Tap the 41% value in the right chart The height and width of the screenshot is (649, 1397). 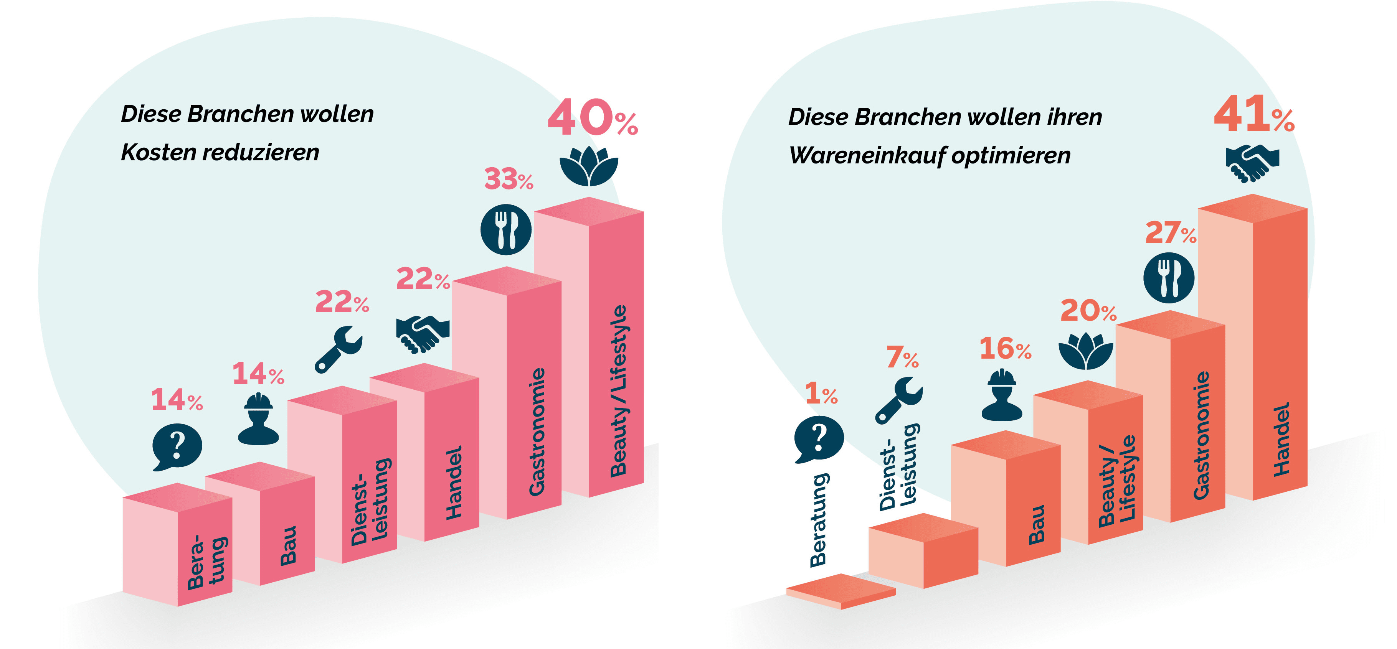(x=1253, y=115)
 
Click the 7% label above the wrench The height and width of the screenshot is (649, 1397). (x=902, y=358)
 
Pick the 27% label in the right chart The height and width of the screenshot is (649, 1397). (x=1170, y=233)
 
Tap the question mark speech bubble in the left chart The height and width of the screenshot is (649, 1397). (x=177, y=447)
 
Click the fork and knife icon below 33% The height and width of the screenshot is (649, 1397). (x=506, y=229)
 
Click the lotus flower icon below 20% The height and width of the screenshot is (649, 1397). (x=1086, y=351)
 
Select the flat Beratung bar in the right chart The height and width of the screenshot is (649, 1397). (x=841, y=591)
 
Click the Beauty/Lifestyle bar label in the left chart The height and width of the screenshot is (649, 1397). (x=618, y=390)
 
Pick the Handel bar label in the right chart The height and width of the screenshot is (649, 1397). (x=1281, y=439)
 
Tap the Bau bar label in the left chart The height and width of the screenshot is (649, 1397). (x=289, y=545)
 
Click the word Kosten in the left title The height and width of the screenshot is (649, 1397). (x=159, y=152)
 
